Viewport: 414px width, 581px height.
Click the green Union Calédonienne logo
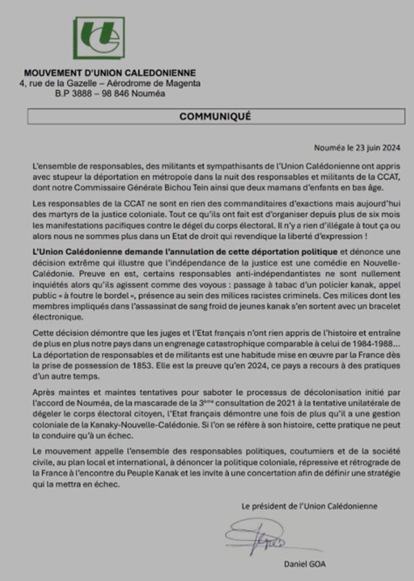98,38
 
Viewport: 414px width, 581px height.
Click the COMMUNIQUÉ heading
215,116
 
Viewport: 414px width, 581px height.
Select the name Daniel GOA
304,564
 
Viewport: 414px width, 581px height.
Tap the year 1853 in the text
139,366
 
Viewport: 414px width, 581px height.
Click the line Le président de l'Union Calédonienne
309,506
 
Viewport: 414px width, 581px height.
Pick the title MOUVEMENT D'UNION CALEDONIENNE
110,73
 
